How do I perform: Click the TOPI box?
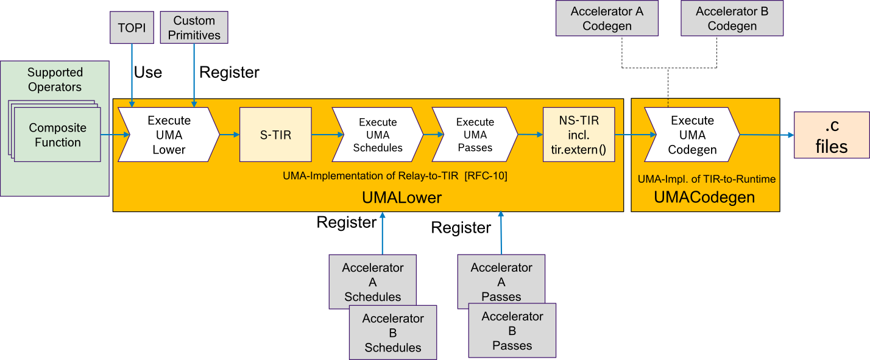click(x=132, y=28)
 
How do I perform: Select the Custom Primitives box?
click(x=194, y=28)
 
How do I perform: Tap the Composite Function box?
click(x=58, y=135)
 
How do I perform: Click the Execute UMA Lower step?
click(x=169, y=135)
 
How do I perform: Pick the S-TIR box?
click(x=275, y=135)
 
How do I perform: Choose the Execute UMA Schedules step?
click(x=377, y=135)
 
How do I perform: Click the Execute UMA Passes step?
click(x=475, y=135)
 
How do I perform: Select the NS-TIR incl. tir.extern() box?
click(x=579, y=135)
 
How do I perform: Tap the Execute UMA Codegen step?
click(x=692, y=135)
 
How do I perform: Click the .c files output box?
click(x=832, y=135)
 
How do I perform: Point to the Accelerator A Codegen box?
click(x=607, y=18)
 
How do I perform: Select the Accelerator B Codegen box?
click(x=732, y=18)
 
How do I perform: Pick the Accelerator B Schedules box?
click(x=393, y=333)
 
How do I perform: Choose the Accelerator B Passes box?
click(x=512, y=331)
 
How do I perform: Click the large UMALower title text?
click(x=401, y=197)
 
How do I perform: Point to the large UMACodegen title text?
click(x=704, y=197)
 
